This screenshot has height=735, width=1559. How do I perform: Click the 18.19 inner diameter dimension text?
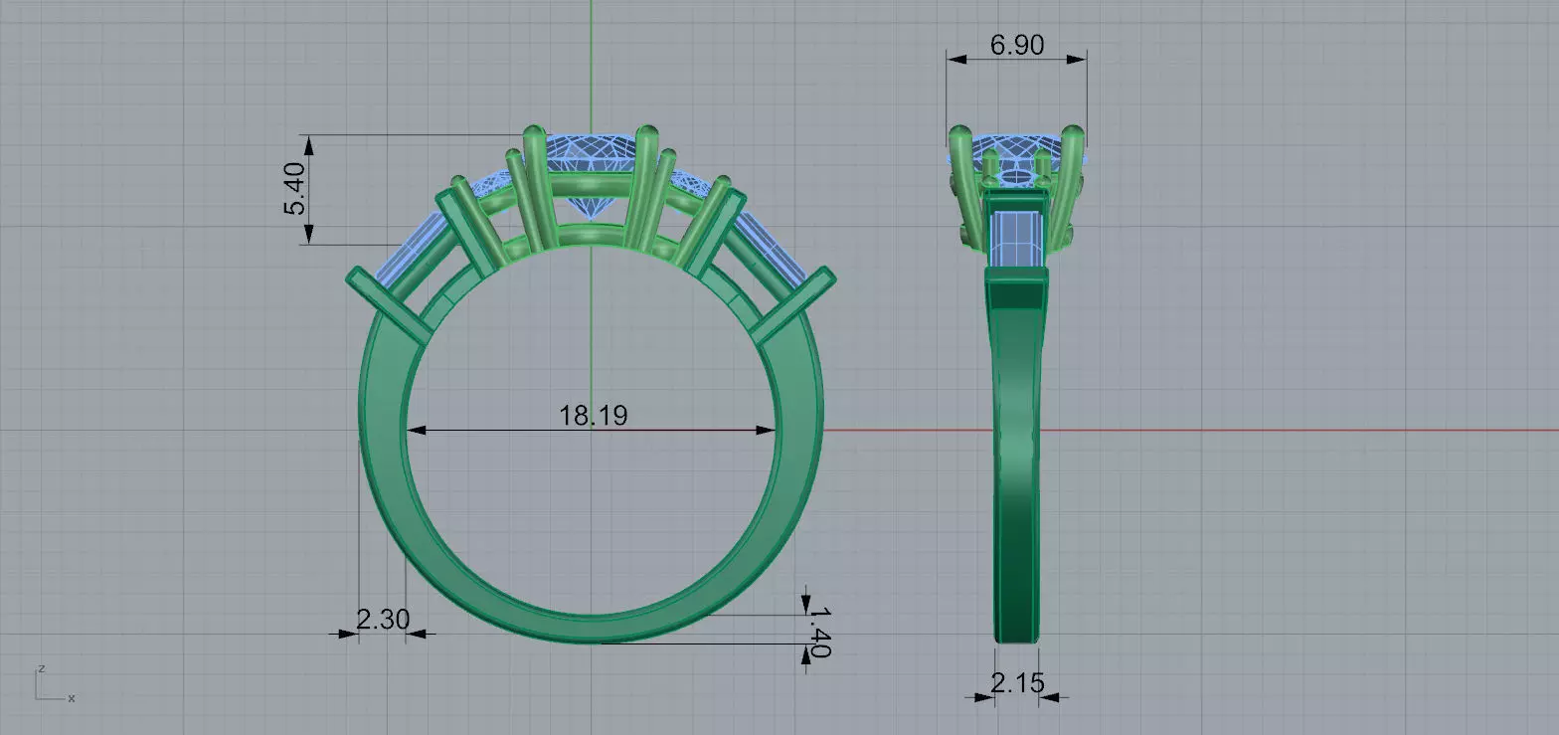pyautogui.click(x=593, y=415)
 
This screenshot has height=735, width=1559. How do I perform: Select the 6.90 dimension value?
pyautogui.click(x=1016, y=45)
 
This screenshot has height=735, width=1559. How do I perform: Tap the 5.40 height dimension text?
pyautogui.click(x=296, y=190)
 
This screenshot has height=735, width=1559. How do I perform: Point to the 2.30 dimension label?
pyautogui.click(x=382, y=620)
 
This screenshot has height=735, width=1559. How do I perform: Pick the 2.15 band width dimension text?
pyautogui.click(x=1017, y=682)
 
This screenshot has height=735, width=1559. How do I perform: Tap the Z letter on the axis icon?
pyautogui.click(x=40, y=667)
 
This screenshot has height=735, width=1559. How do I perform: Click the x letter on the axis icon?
pyautogui.click(x=72, y=698)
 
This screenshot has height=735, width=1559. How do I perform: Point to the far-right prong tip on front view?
pyautogui.click(x=823, y=273)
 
